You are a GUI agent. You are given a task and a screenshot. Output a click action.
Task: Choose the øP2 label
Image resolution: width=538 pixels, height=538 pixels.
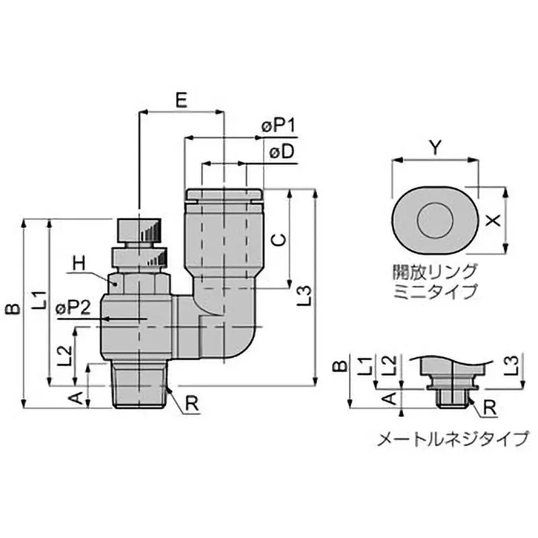(x=73, y=307)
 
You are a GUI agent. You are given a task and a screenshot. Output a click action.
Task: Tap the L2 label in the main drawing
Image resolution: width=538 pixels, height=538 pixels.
(x=64, y=355)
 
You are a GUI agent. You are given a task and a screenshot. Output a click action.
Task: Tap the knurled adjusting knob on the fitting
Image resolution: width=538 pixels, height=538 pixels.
(x=139, y=230)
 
